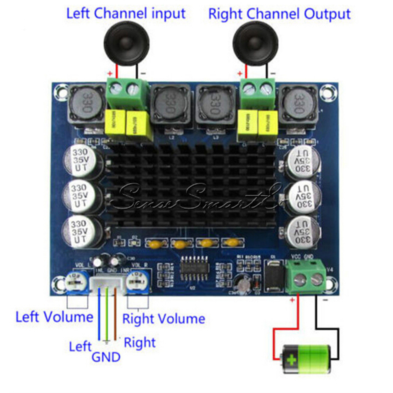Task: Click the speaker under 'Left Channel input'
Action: [x=125, y=43]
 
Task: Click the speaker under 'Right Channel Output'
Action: [x=255, y=43]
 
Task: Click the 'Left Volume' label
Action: [x=55, y=316]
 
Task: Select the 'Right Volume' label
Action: [x=164, y=318]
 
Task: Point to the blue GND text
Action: [x=106, y=357]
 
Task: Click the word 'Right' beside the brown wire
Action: [x=140, y=342]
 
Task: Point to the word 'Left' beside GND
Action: [x=80, y=346]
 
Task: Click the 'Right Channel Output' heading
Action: [x=279, y=14]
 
